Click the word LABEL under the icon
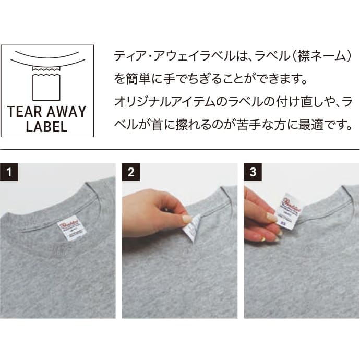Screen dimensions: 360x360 [x=46, y=126]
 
